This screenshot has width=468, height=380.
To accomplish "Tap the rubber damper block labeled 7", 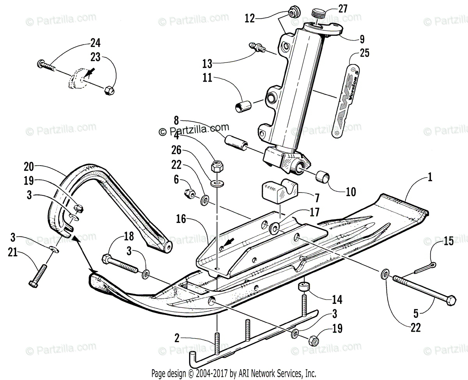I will click(278, 191).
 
